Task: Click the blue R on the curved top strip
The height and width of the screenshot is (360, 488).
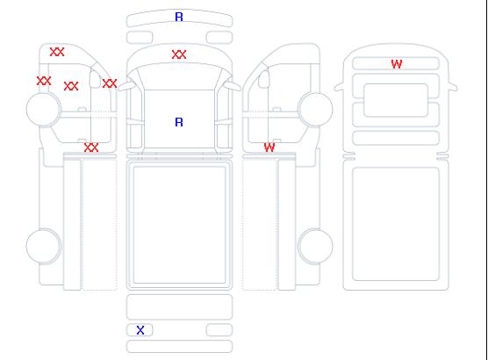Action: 179,17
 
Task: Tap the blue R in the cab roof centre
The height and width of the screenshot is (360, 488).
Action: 179,122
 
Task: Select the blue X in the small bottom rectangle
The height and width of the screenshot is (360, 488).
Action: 140,330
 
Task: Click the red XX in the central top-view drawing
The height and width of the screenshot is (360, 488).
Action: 179,54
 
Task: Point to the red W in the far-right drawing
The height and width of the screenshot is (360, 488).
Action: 397,64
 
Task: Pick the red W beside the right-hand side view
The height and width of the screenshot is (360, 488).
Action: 269,148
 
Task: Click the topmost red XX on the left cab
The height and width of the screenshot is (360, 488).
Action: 57,52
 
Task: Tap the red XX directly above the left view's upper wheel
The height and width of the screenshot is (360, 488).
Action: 44,81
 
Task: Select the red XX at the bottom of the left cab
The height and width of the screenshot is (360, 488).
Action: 91,148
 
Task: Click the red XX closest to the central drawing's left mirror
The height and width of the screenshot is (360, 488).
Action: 110,83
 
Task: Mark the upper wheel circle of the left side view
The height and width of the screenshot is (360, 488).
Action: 44,109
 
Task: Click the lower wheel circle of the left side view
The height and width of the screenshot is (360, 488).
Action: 44,246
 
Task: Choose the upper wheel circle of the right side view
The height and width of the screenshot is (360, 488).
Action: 315,109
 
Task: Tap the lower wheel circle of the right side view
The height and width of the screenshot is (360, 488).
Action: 315,246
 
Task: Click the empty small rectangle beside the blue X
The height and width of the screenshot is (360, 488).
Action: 219,330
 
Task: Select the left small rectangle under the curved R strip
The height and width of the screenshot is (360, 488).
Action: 140,38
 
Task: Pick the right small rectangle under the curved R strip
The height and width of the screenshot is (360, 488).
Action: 219,38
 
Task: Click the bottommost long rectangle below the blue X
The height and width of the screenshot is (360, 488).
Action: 180,347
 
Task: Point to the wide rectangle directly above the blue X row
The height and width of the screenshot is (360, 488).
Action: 180,307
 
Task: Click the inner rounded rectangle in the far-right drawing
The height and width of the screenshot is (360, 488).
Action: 396,100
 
